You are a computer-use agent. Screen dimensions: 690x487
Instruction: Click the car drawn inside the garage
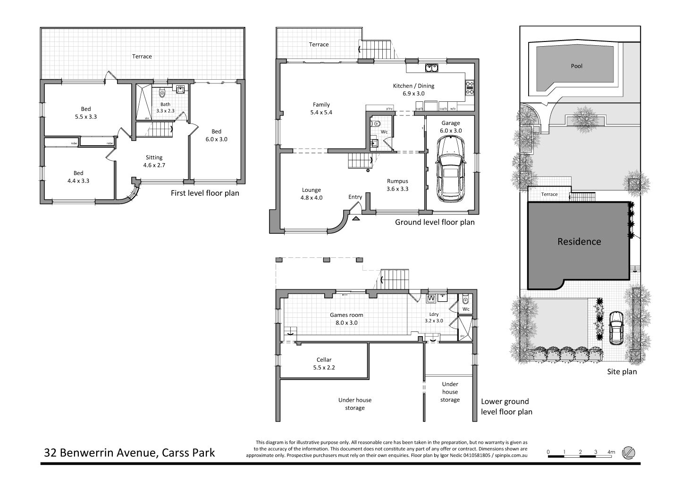click(x=451, y=169)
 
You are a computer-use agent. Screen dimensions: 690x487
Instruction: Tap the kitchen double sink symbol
click(x=432, y=68)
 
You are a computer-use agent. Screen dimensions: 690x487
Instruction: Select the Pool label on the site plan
click(x=577, y=66)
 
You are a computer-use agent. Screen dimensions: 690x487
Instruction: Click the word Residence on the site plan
click(x=579, y=241)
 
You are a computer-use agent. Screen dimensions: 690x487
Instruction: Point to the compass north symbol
click(x=628, y=453)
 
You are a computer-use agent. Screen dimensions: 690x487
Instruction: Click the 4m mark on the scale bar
click(x=611, y=452)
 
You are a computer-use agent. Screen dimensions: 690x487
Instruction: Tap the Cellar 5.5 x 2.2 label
click(x=324, y=363)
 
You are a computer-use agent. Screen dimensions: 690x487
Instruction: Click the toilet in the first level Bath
click(x=162, y=92)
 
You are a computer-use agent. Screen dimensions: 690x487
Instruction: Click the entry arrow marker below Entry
click(x=356, y=218)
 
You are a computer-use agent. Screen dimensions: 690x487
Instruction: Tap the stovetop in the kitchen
click(x=470, y=88)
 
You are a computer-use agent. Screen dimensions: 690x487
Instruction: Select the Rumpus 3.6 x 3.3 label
click(x=397, y=185)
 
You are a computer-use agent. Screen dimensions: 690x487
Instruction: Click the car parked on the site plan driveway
click(x=616, y=328)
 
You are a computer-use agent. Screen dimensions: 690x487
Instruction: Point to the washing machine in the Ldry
click(x=431, y=298)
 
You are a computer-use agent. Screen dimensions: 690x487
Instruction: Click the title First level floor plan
click(x=205, y=193)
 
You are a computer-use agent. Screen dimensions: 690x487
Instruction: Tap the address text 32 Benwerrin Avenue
click(x=101, y=453)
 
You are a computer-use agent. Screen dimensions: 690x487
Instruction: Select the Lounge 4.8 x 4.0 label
click(x=311, y=194)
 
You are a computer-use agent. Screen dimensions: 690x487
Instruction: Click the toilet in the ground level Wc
click(x=376, y=124)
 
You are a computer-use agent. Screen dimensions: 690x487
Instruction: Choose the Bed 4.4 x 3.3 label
click(x=78, y=177)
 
